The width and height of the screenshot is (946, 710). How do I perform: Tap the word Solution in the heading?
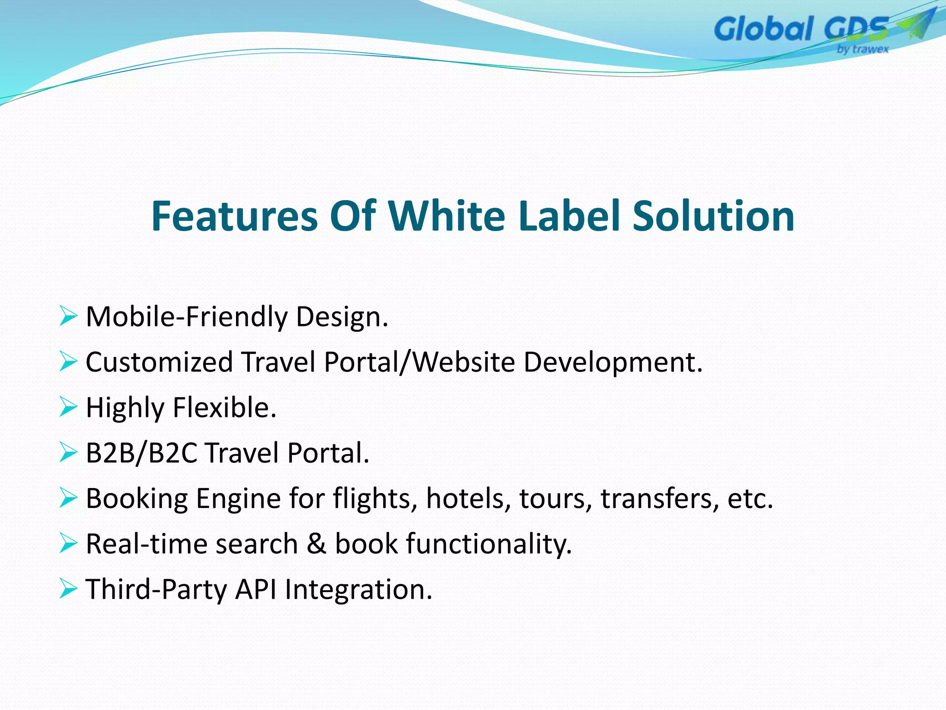[x=713, y=216]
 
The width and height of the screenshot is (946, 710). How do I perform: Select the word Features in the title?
[x=234, y=216]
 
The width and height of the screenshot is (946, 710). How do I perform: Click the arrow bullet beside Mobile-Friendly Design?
[x=68, y=317]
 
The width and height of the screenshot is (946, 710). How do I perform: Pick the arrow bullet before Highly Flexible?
[x=68, y=407]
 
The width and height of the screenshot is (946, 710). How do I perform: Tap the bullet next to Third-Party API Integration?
[x=68, y=589]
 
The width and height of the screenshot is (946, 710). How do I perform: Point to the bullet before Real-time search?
[x=68, y=544]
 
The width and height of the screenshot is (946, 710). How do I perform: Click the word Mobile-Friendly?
[x=186, y=318]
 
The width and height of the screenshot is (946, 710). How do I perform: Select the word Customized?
[x=159, y=362]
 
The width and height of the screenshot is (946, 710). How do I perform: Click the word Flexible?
[x=224, y=407]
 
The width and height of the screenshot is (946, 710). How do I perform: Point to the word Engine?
[x=238, y=499]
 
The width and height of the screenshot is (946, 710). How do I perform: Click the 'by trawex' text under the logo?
[x=862, y=49]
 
